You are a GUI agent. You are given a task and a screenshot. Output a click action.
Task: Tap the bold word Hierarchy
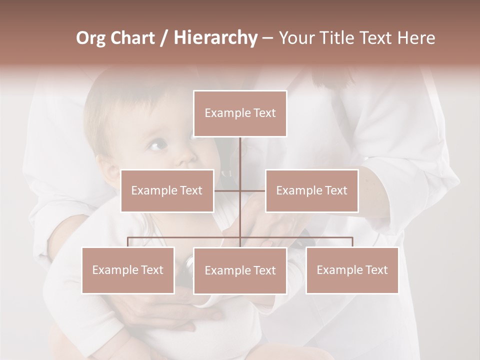(x=215, y=38)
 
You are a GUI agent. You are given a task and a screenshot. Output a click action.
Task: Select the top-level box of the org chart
(x=240, y=113)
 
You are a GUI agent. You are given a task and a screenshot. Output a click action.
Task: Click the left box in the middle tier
(x=167, y=190)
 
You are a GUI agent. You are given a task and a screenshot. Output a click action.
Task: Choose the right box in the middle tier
(x=311, y=190)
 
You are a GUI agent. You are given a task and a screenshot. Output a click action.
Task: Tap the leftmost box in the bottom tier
(x=128, y=270)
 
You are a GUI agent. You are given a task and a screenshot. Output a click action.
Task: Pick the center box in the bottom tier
(x=240, y=270)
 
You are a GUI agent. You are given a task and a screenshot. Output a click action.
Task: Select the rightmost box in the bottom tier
(x=352, y=270)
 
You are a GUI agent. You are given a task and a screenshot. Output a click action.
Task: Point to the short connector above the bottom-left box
(x=128, y=242)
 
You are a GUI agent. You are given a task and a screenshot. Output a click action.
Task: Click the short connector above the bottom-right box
(x=352, y=242)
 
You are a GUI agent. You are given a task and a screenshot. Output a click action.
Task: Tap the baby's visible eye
(x=156, y=145)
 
